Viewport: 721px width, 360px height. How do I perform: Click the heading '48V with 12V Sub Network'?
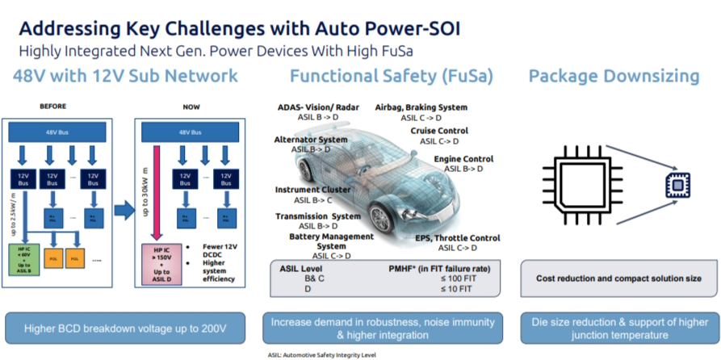click(x=125, y=76)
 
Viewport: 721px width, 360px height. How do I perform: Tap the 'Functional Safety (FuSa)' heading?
click(x=392, y=76)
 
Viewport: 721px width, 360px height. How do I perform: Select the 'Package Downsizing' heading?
click(x=614, y=76)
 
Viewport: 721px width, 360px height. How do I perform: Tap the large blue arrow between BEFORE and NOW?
click(x=124, y=211)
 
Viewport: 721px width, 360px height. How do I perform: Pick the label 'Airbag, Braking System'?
click(x=421, y=107)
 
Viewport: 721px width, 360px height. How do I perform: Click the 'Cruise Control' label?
click(x=441, y=130)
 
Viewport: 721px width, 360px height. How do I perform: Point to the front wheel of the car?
click(x=387, y=216)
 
